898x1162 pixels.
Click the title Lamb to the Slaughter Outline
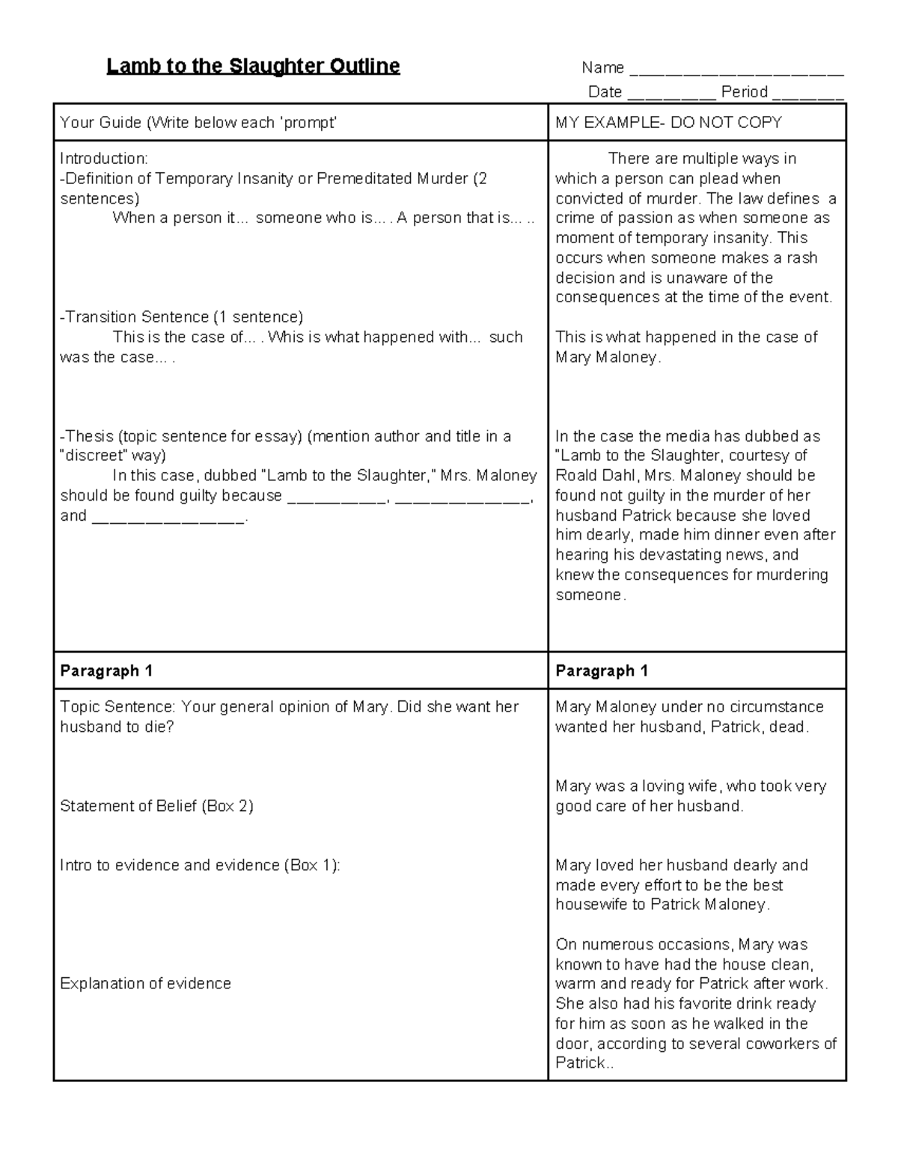[253, 67]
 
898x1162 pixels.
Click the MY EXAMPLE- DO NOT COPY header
[668, 123]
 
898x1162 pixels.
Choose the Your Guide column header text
[198, 123]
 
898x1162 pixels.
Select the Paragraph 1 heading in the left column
[106, 671]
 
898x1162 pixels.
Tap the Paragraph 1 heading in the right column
[602, 671]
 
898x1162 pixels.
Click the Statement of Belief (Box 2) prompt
[156, 806]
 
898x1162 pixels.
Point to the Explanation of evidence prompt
[145, 983]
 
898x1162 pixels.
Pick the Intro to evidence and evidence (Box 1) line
[200, 865]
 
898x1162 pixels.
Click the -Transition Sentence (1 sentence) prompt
[181, 317]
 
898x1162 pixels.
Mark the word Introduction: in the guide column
[104, 159]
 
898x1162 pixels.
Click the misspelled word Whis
[285, 337]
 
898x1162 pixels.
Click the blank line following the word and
[168, 517]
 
